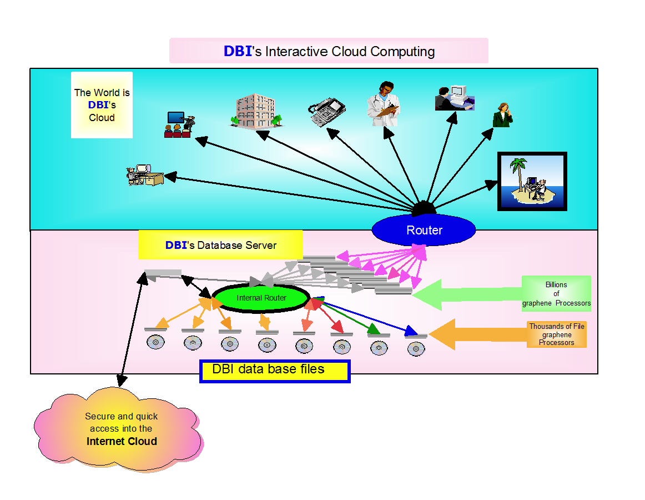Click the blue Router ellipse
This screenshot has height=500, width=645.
click(424, 230)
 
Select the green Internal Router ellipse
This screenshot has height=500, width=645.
click(261, 298)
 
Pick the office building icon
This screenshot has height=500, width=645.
click(255, 109)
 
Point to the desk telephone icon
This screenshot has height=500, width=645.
click(327, 112)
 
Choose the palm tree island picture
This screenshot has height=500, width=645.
click(532, 181)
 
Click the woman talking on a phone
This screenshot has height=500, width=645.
click(502, 115)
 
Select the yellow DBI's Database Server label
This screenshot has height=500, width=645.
click(220, 245)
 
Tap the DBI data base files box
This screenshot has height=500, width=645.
click(275, 371)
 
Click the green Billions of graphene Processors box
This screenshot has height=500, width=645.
click(556, 294)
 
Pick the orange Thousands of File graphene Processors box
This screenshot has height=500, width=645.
click(556, 334)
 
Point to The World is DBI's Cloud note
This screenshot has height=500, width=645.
click(102, 105)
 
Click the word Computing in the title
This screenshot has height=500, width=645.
click(402, 52)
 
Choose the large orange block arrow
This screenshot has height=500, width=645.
click(477, 334)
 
